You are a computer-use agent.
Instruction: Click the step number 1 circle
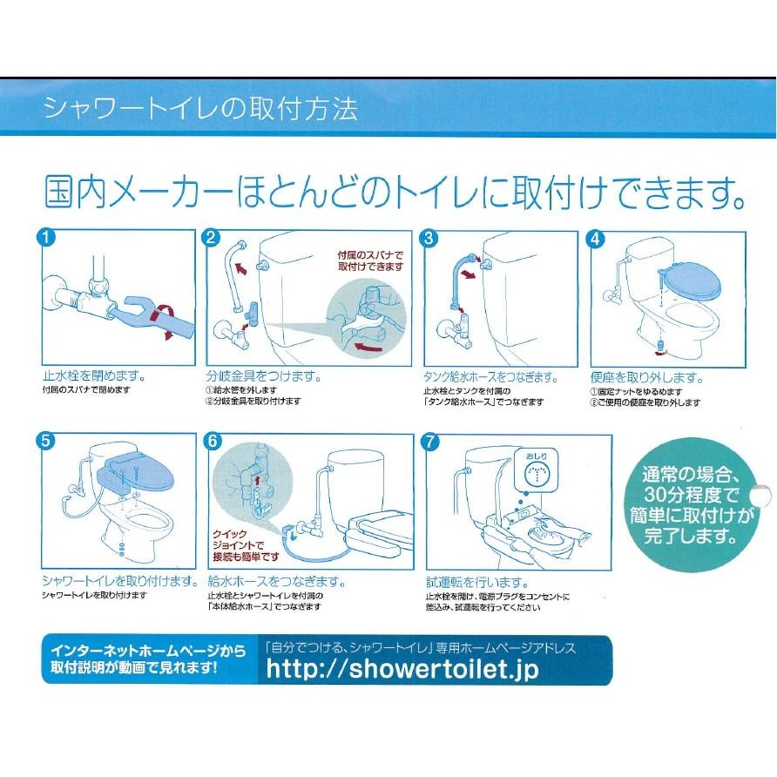pos(46,237)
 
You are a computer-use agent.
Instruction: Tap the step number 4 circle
pos(595,240)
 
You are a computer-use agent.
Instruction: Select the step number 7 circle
pos(430,442)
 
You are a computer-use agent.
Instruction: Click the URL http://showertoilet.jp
pos(402,668)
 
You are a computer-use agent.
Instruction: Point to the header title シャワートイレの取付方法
pos(200,108)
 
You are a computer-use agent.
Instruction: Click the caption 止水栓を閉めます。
pos(94,376)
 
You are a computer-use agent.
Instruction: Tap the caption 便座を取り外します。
pos(646,377)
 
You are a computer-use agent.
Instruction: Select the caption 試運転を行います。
pos(477,582)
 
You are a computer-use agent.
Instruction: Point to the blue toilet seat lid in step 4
pos(690,280)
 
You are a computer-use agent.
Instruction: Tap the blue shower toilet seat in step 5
pos(134,472)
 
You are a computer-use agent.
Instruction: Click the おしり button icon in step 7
pos(537,470)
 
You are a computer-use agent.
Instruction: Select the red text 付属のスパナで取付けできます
pos(371,260)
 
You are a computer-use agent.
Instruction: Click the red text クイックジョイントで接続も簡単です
pos(246,545)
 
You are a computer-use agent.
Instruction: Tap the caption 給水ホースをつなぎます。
pos(276,581)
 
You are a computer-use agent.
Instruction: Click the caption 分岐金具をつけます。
pos(264,376)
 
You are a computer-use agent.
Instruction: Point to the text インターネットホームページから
pos(149,650)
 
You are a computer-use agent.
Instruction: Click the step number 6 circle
pos(213,441)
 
